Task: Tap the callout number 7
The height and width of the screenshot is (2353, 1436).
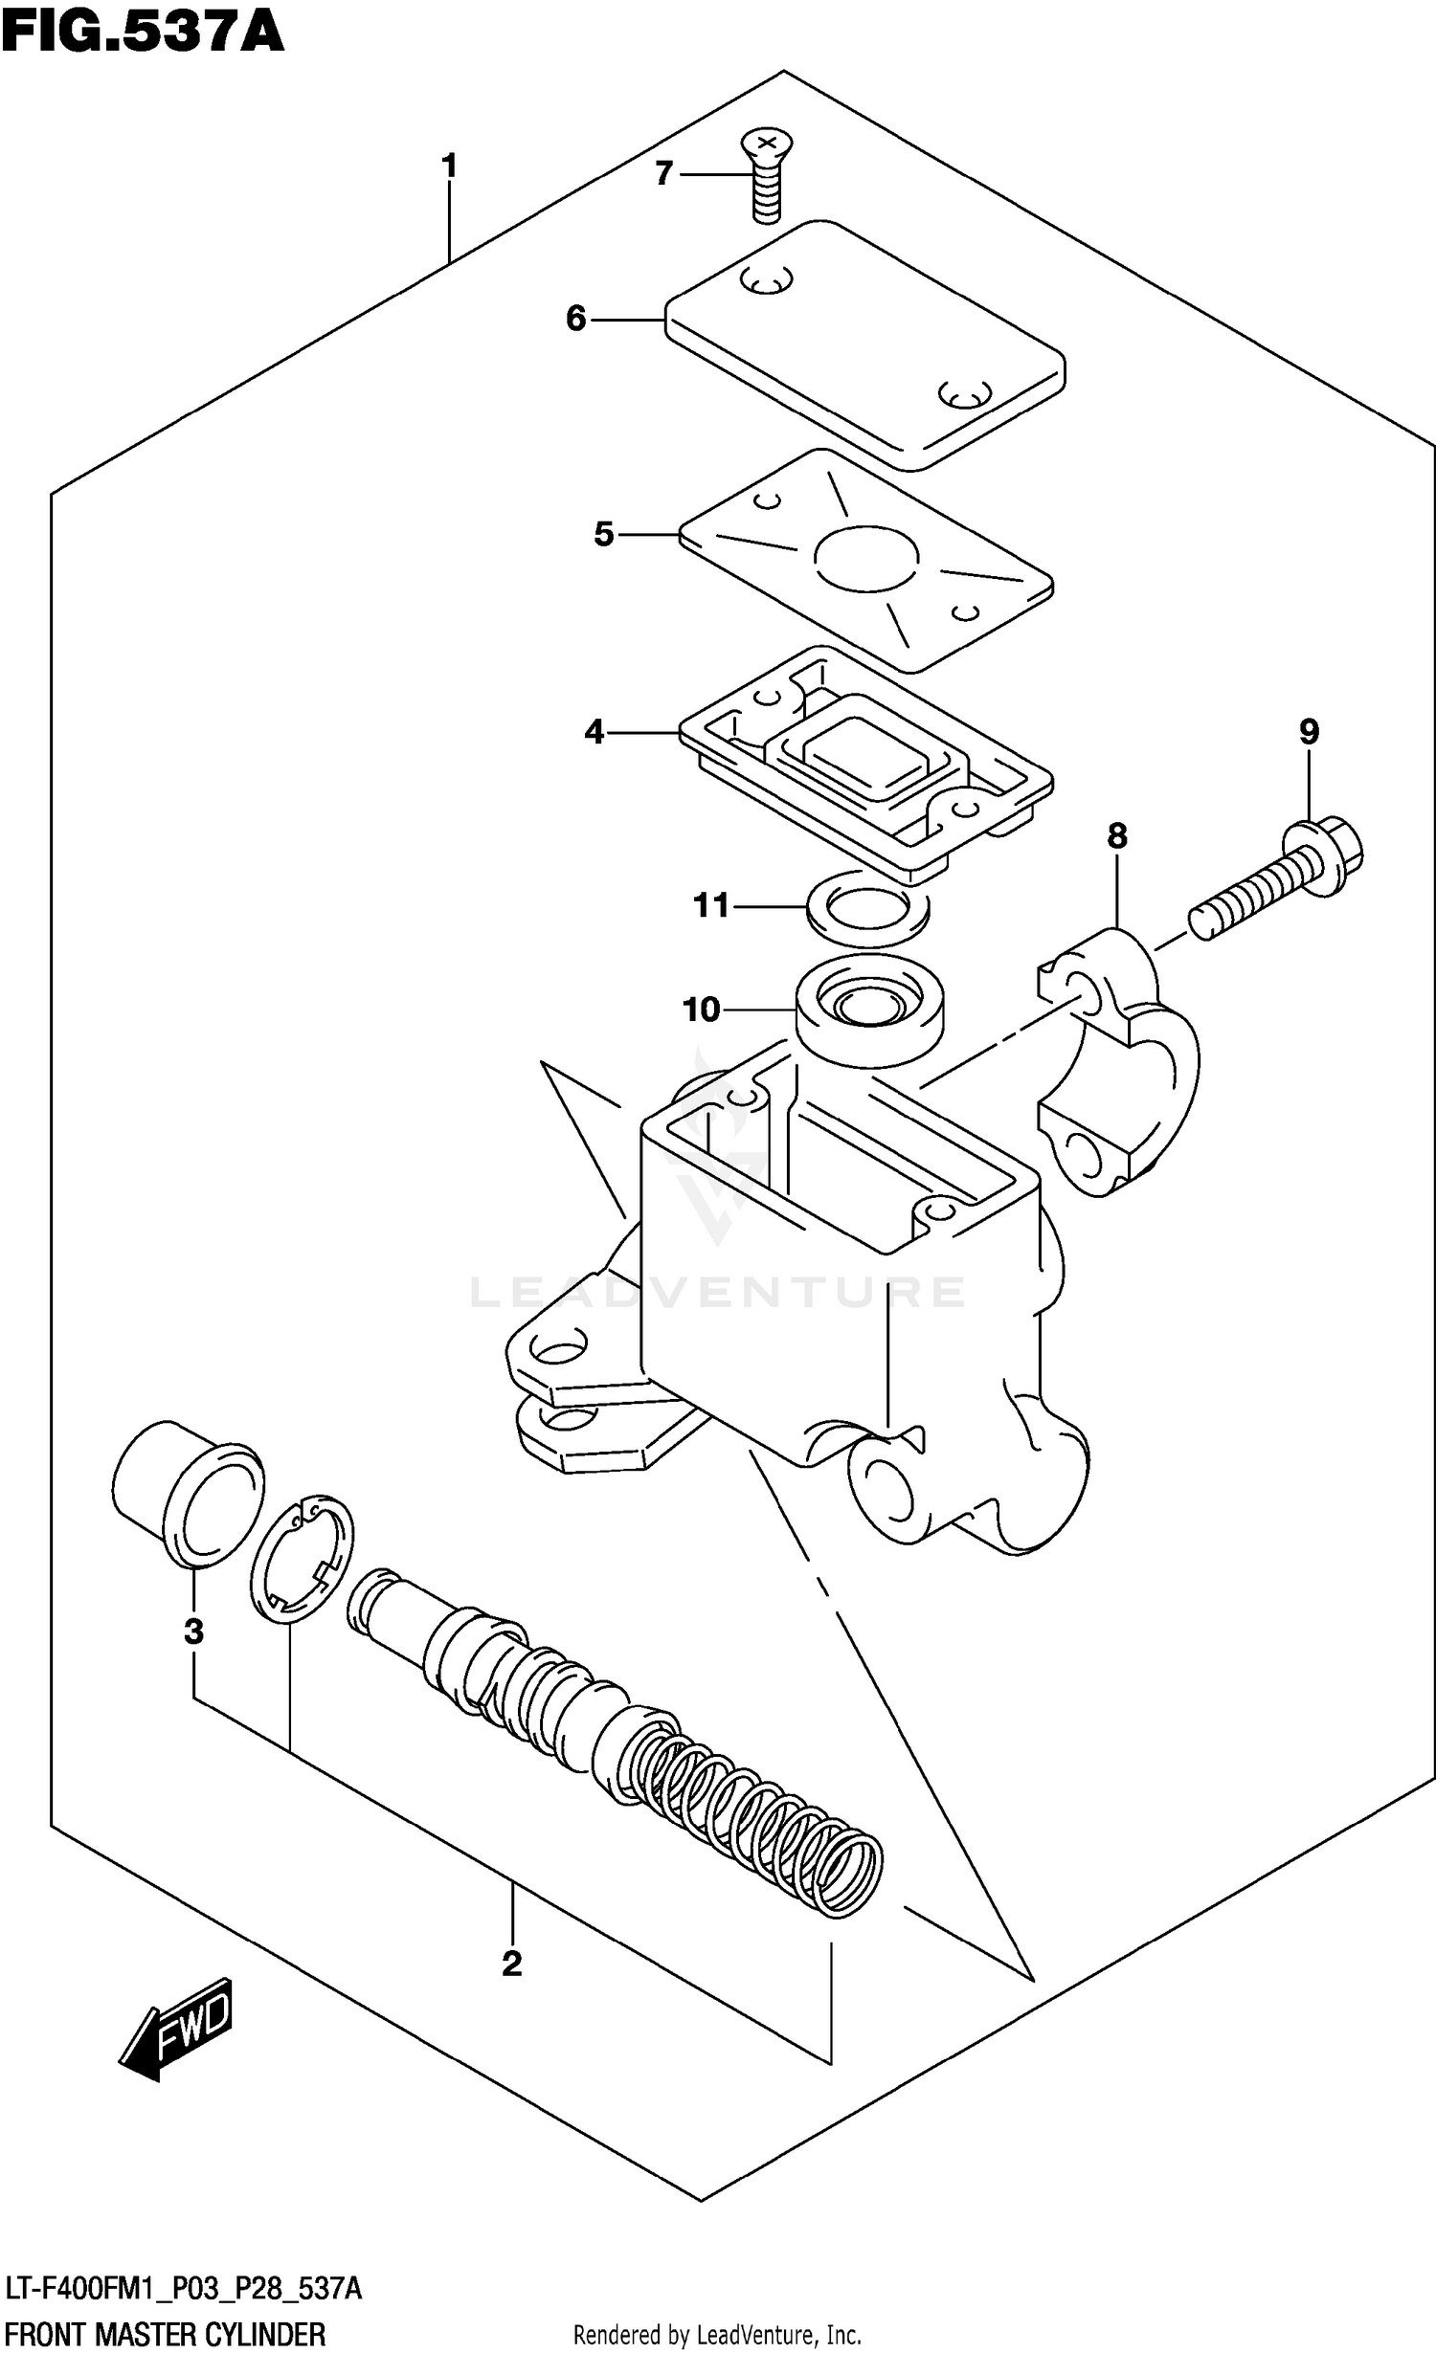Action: (664, 174)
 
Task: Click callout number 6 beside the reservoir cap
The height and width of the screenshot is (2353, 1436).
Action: (575, 319)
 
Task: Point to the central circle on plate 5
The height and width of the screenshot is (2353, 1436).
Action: (866, 556)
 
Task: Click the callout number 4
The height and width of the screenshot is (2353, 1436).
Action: (595, 733)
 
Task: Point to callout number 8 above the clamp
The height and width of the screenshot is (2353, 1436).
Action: (1117, 836)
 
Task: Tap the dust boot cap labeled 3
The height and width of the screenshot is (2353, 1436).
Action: (189, 1493)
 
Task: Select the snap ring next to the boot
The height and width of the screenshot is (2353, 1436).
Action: (302, 1561)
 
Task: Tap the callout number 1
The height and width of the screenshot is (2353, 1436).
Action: (449, 166)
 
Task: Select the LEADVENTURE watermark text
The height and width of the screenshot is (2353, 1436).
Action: (718, 1293)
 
